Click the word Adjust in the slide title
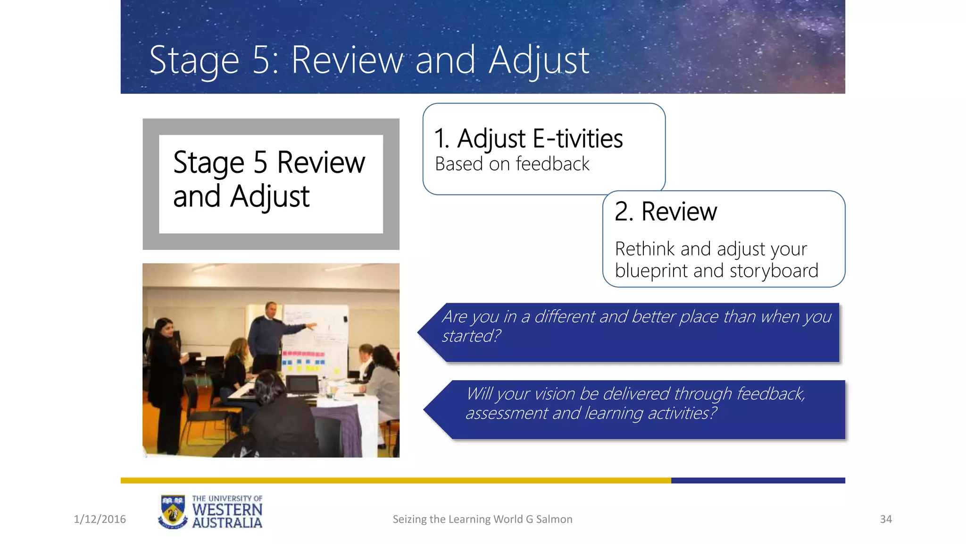click(539, 60)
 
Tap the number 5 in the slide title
click(261, 60)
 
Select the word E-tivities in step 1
click(578, 139)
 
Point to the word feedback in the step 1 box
click(552, 164)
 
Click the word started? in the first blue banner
click(471, 336)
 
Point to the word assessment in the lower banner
click(507, 413)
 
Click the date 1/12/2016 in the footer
click(100, 519)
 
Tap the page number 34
click(886, 519)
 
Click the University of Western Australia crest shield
click(173, 512)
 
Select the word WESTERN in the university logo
click(227, 510)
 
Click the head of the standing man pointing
click(271, 310)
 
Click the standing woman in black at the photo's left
click(164, 373)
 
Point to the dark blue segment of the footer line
click(758, 481)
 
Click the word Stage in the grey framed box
click(208, 163)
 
